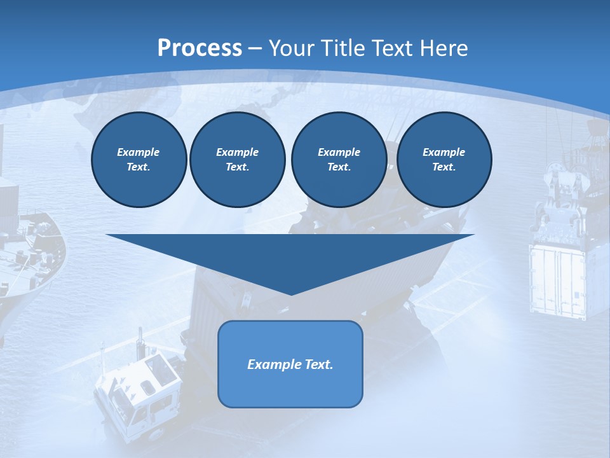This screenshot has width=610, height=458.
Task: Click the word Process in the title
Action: click(x=200, y=48)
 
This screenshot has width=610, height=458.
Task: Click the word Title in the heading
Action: click(x=343, y=48)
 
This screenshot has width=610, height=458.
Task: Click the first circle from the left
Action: click(x=139, y=160)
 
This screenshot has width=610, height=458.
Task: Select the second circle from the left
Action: click(x=237, y=160)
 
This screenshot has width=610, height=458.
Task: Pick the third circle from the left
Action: click(x=339, y=160)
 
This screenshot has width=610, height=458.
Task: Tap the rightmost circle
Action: click(x=444, y=160)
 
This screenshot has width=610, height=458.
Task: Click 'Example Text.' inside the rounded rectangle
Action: click(x=290, y=364)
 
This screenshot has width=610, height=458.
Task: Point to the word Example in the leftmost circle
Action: click(x=139, y=152)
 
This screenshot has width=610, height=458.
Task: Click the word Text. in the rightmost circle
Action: click(x=444, y=167)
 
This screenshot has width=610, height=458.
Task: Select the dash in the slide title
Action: click(x=255, y=48)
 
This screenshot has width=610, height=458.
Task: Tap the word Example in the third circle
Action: click(x=339, y=152)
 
